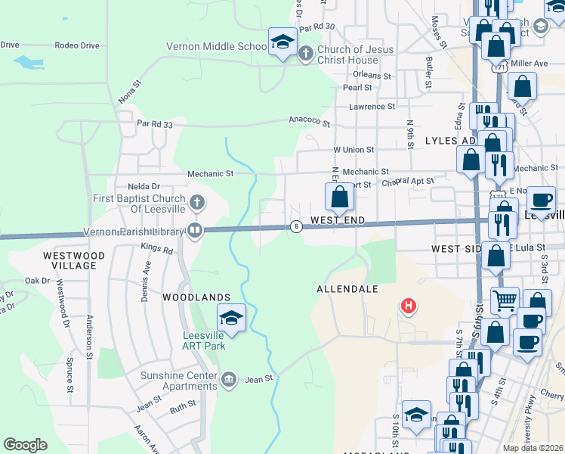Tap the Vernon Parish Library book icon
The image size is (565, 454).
pyautogui.click(x=195, y=229)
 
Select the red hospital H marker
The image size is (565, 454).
pyautogui.click(x=408, y=306)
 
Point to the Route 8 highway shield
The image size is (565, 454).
pyautogui.click(x=297, y=226)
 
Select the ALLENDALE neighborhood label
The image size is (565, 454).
pyautogui.click(x=347, y=289)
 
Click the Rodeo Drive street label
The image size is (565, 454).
pyautogui.click(x=77, y=45)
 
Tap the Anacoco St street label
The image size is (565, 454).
pyautogui.click(x=310, y=120)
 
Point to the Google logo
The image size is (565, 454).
pyautogui.click(x=25, y=444)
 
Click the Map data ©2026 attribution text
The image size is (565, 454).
pyautogui.click(x=533, y=448)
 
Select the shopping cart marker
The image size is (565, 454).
pyautogui.click(x=505, y=299)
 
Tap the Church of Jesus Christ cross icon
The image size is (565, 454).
pyautogui.click(x=306, y=54)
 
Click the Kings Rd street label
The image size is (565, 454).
pyautogui.click(x=157, y=248)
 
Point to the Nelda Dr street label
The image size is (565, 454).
pyautogui.click(x=144, y=186)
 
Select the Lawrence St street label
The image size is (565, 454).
pyautogui.click(x=372, y=107)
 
